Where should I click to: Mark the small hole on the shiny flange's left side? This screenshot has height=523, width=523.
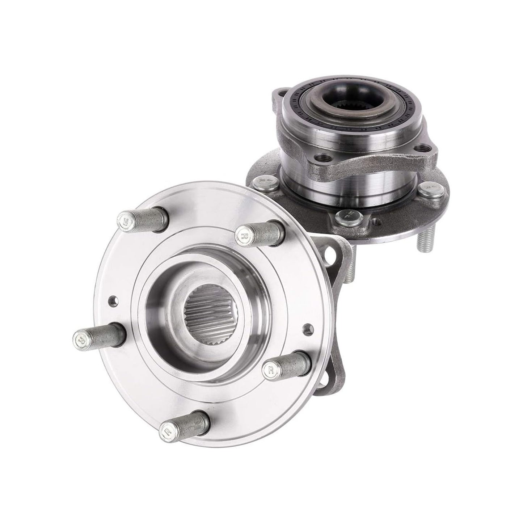[x=113, y=300]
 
